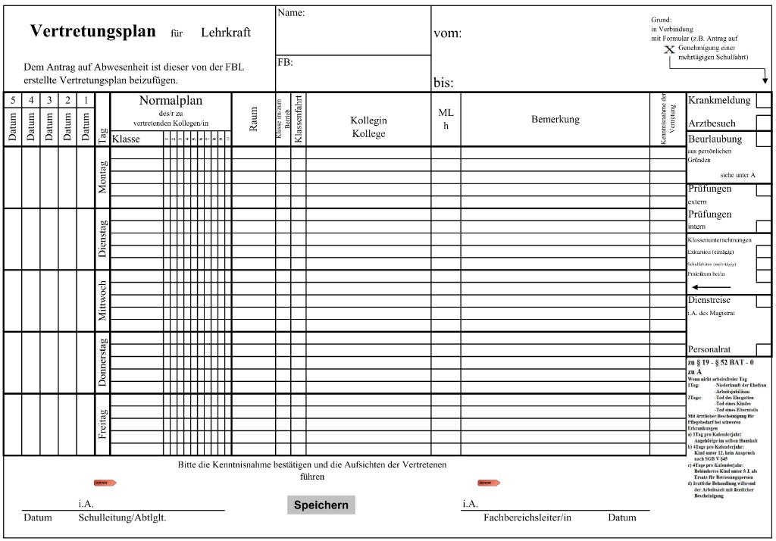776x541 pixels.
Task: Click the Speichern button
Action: pyautogui.click(x=321, y=505)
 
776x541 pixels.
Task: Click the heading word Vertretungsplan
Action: pyautogui.click(x=92, y=32)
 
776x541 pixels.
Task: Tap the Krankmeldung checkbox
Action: pyautogui.click(x=763, y=100)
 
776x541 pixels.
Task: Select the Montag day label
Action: pyautogui.click(x=103, y=177)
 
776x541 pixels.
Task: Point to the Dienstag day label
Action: pyautogui.click(x=103, y=239)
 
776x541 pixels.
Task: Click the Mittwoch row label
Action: pyautogui.click(x=103, y=301)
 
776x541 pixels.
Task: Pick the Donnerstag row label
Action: pyautogui.click(x=103, y=362)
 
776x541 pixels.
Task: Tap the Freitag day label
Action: pyautogui.click(x=103, y=424)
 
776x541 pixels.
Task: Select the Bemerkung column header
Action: pyautogui.click(x=555, y=119)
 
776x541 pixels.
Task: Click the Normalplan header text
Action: pyautogui.click(x=171, y=101)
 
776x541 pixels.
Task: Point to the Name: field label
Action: pyautogui.click(x=291, y=13)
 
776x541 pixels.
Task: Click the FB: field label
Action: pyautogui.click(x=285, y=62)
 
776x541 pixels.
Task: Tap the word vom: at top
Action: pyautogui.click(x=447, y=33)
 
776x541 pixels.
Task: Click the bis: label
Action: pyautogui.click(x=444, y=82)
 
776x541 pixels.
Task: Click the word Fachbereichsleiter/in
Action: pyautogui.click(x=527, y=518)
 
